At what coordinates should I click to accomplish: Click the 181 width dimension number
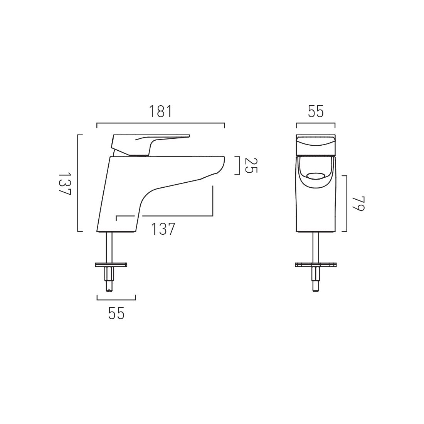(x=160, y=112)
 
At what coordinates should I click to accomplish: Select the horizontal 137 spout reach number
(x=163, y=229)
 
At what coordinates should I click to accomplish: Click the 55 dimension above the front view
(x=316, y=112)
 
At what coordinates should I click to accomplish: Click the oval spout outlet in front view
(x=316, y=177)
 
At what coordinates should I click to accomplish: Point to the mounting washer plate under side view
(x=111, y=264)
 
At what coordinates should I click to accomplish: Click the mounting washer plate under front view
(x=316, y=264)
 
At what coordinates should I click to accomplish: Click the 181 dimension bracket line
(x=160, y=123)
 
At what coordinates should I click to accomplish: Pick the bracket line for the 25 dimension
(x=240, y=166)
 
